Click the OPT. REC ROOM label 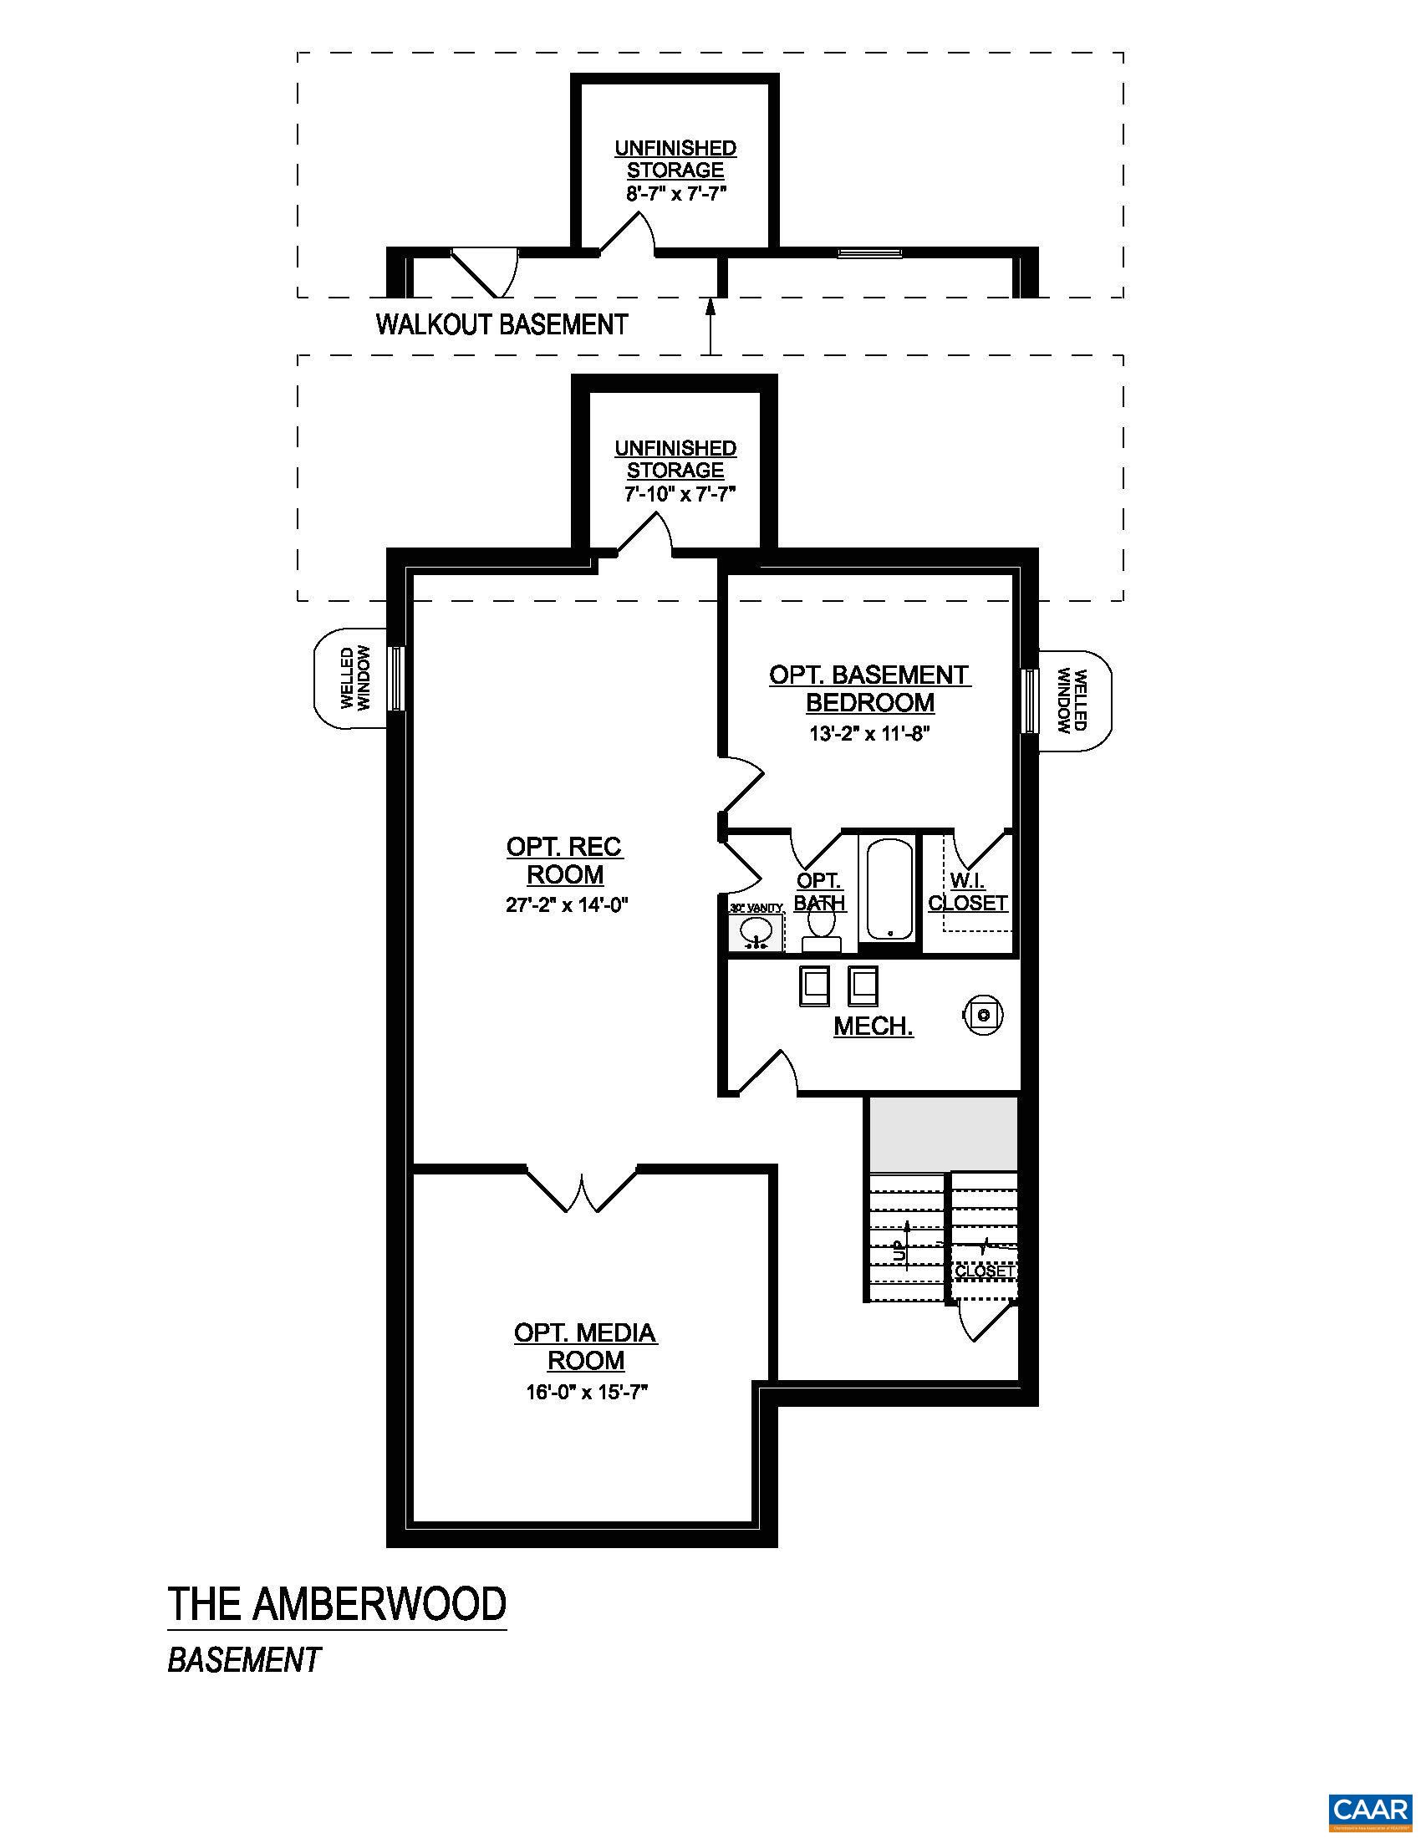pos(564,860)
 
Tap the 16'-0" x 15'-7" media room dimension pos(586,1393)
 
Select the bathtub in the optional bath pos(889,889)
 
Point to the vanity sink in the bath pos(756,932)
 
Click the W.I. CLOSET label pos(968,892)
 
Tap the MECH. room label pos(873,1026)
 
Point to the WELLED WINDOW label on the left pos(355,678)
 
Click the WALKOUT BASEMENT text pos(502,324)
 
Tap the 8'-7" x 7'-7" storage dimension pos(675,193)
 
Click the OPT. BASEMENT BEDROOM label pos(869,688)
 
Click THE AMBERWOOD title pos(337,1604)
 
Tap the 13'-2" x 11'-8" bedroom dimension pos(869,733)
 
